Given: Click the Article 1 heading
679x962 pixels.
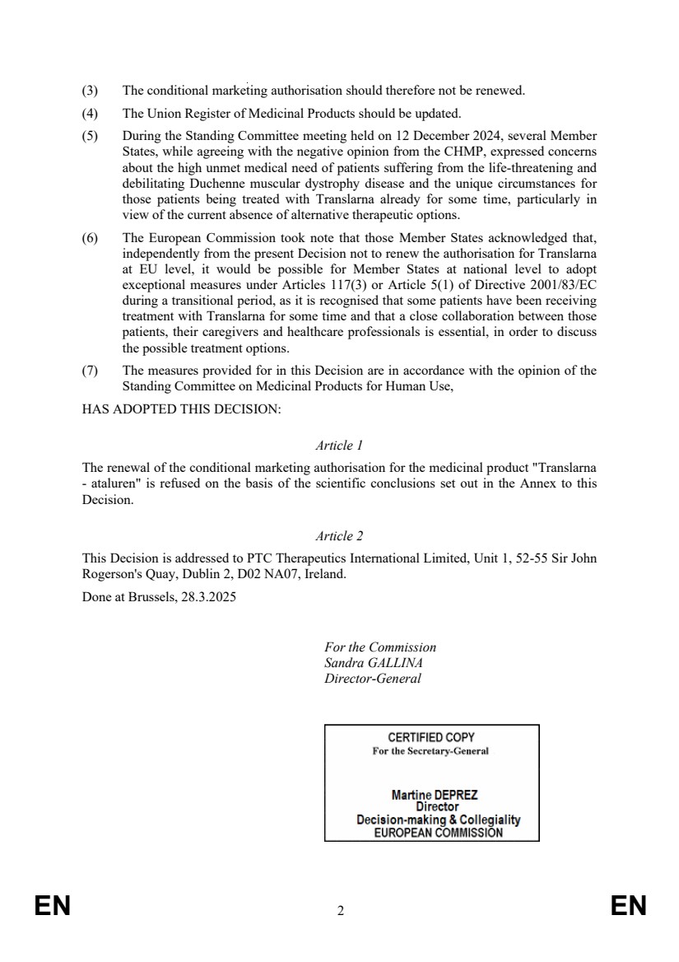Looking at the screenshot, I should (339, 446).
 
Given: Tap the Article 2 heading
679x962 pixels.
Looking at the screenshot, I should (339, 536).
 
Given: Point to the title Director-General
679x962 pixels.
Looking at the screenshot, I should (373, 679).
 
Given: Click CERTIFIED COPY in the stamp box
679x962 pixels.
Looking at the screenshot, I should (431, 738).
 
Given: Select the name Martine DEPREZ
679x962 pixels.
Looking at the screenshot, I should (435, 796).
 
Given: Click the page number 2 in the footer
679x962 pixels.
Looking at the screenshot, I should (340, 911).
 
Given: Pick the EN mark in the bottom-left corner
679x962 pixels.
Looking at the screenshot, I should (52, 907).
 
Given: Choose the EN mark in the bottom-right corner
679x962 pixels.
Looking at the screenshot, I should (629, 907).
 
